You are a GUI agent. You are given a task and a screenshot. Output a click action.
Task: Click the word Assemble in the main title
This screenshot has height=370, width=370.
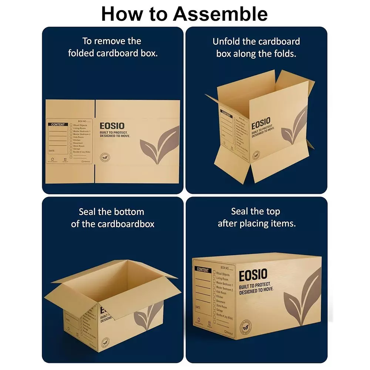(221, 14)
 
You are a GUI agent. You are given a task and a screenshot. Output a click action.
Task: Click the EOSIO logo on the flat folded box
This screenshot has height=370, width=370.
(112, 126)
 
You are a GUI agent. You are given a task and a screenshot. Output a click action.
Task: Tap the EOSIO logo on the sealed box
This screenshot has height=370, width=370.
(253, 276)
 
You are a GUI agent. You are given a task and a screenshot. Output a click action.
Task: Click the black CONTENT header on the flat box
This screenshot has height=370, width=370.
(58, 125)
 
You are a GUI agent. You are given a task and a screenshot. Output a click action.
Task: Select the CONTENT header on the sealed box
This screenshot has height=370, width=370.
(203, 270)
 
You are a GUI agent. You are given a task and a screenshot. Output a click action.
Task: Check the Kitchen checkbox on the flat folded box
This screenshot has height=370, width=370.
(71, 140)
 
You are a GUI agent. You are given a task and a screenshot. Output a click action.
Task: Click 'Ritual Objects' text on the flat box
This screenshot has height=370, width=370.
(80, 125)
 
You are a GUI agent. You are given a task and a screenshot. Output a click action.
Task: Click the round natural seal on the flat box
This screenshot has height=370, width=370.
(105, 158)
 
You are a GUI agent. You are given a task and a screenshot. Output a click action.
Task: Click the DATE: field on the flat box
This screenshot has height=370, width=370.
(52, 151)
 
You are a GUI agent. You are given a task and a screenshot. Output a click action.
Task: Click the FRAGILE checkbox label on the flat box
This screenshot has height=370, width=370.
(86, 162)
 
